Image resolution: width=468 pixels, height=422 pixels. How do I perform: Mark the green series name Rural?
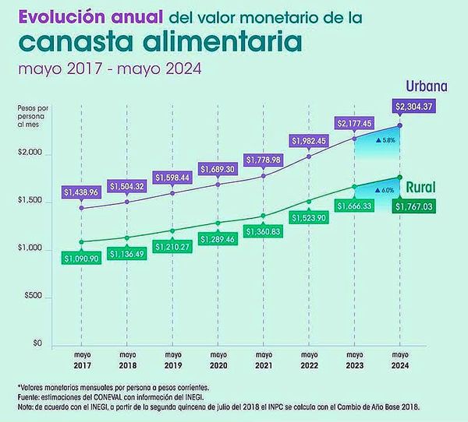point(420,187)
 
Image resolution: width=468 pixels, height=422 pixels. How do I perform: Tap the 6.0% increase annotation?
point(387,190)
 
